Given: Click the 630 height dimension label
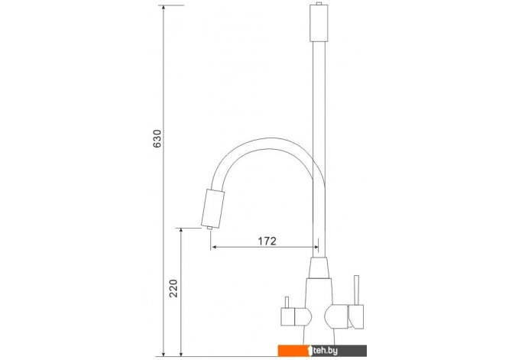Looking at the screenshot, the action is coord(157,139).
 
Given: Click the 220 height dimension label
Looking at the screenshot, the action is coord(173,288).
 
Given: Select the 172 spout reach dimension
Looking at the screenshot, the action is coord(267,241).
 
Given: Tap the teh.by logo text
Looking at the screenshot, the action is coord(325,351).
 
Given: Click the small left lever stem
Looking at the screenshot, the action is coord(287,303).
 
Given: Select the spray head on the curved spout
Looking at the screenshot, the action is coord(213,208).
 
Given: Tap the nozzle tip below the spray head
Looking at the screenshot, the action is coord(209,228).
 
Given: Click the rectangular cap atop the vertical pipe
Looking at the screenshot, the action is coord(319,24).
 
